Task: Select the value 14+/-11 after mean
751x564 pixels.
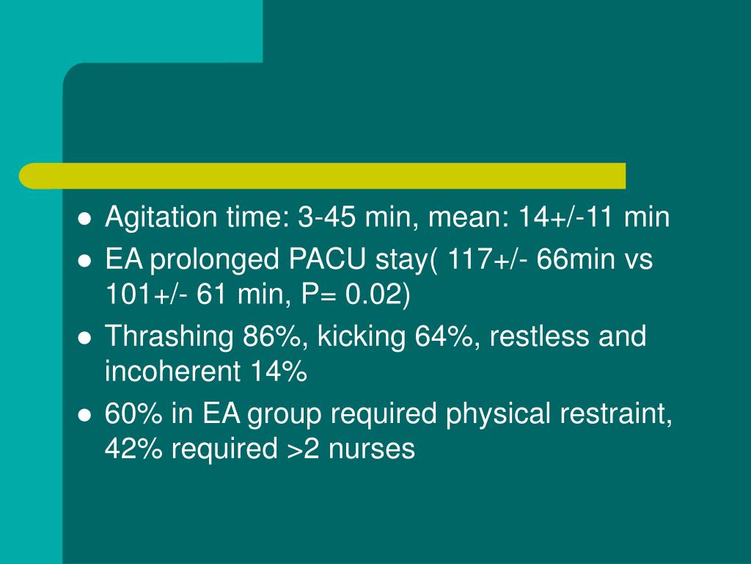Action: tap(567, 217)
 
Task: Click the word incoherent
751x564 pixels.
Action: tap(173, 373)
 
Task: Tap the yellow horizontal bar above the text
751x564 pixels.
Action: tap(323, 176)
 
